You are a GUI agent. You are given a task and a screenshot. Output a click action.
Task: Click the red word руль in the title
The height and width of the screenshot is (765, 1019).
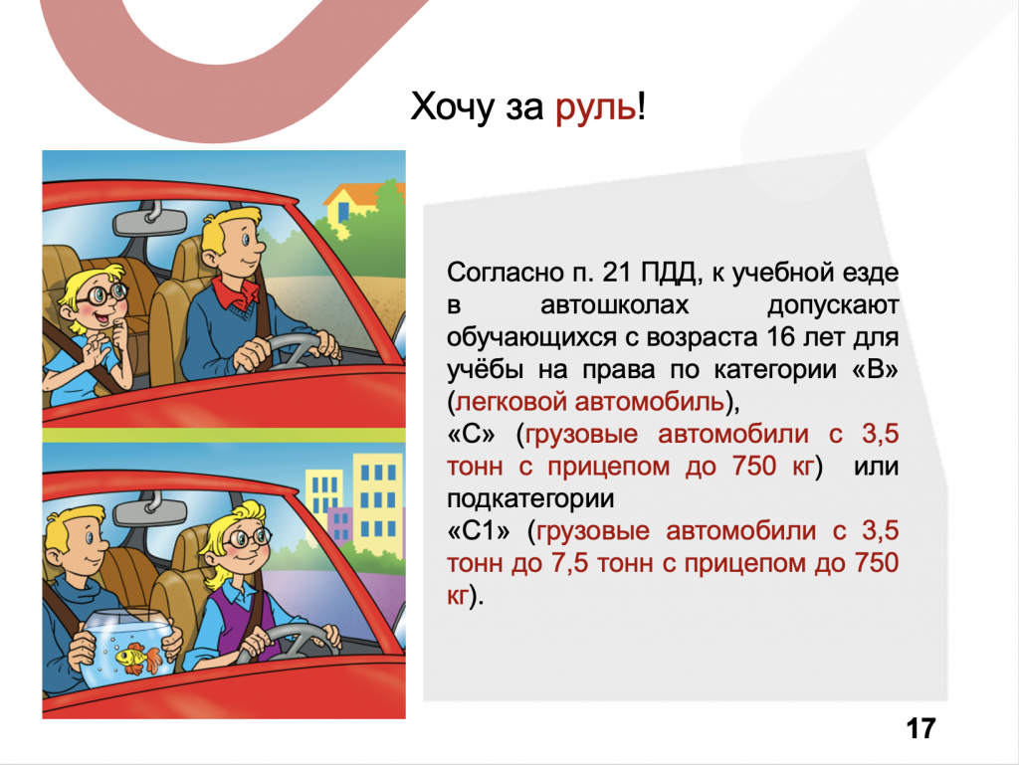(x=596, y=107)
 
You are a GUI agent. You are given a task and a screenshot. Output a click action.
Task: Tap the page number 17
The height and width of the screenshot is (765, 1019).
(x=920, y=728)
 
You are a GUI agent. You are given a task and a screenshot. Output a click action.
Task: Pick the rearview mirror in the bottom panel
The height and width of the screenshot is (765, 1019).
(x=151, y=508)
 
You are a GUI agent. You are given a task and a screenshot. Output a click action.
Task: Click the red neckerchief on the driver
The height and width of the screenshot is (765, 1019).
(x=237, y=293)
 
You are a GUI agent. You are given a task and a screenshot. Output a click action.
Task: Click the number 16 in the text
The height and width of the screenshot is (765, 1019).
(x=781, y=337)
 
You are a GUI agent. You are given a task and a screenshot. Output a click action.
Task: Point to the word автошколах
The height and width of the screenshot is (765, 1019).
(x=614, y=304)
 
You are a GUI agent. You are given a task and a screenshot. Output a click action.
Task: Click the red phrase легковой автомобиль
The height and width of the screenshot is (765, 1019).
(x=589, y=402)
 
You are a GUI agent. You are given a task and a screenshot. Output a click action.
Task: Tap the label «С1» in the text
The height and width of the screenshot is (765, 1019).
(x=479, y=531)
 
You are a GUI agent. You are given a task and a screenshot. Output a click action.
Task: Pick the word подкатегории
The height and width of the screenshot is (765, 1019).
(x=530, y=499)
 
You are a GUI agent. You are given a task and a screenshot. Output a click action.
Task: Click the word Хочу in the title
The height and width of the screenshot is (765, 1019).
(x=453, y=107)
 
